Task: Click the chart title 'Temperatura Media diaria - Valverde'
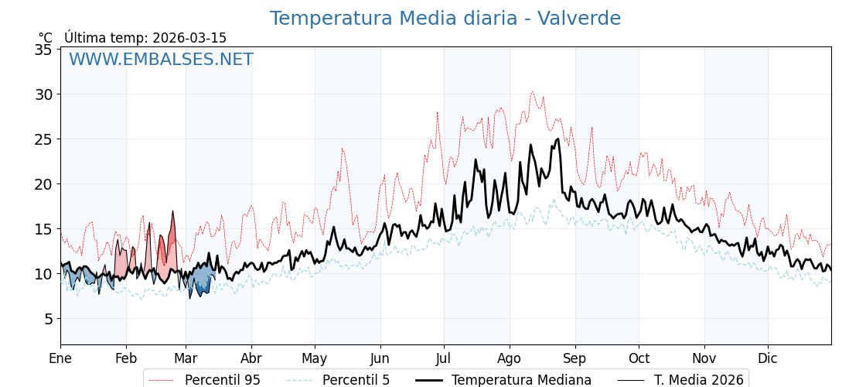pyautogui.click(x=445, y=19)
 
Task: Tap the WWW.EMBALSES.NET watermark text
pyautogui.click(x=161, y=60)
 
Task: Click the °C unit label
pyautogui.click(x=45, y=38)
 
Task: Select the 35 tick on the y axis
pyautogui.click(x=43, y=50)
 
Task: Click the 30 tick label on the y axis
pyautogui.click(x=43, y=94)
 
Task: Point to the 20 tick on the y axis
pyautogui.click(x=43, y=184)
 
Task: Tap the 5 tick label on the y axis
pyautogui.click(x=47, y=319)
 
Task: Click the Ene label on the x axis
pyautogui.click(x=60, y=358)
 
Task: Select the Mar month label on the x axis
pyautogui.click(x=186, y=358)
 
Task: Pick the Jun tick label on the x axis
pyautogui.click(x=380, y=358)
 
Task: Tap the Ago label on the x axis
pyautogui.click(x=510, y=358)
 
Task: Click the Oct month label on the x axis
pyautogui.click(x=639, y=358)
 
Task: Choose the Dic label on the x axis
pyautogui.click(x=768, y=358)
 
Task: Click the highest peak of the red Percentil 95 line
pyautogui.click(x=532, y=91)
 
